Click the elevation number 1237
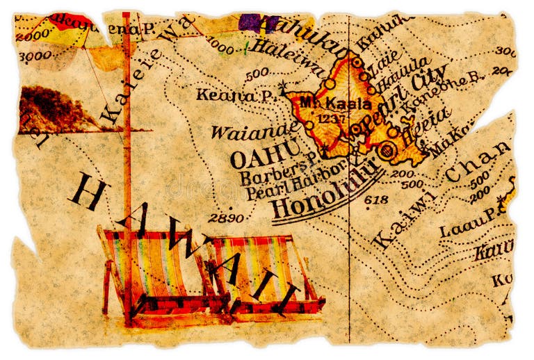pyautogui.click(x=327, y=118)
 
